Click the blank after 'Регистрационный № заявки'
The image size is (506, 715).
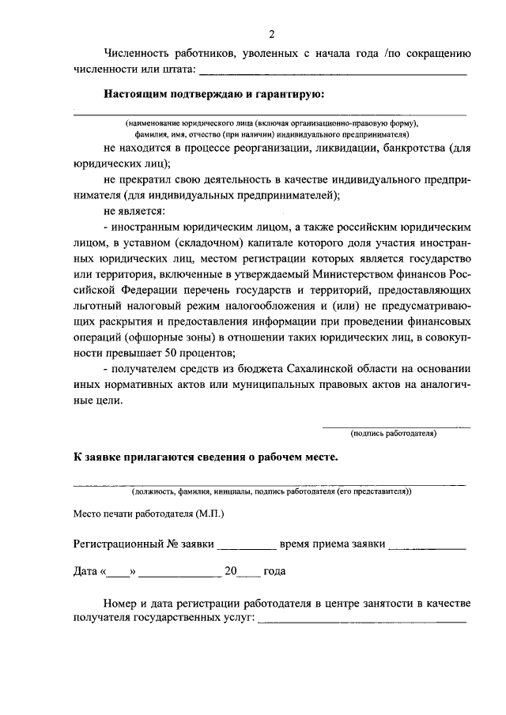[246, 544]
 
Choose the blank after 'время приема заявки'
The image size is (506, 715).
[427, 544]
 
